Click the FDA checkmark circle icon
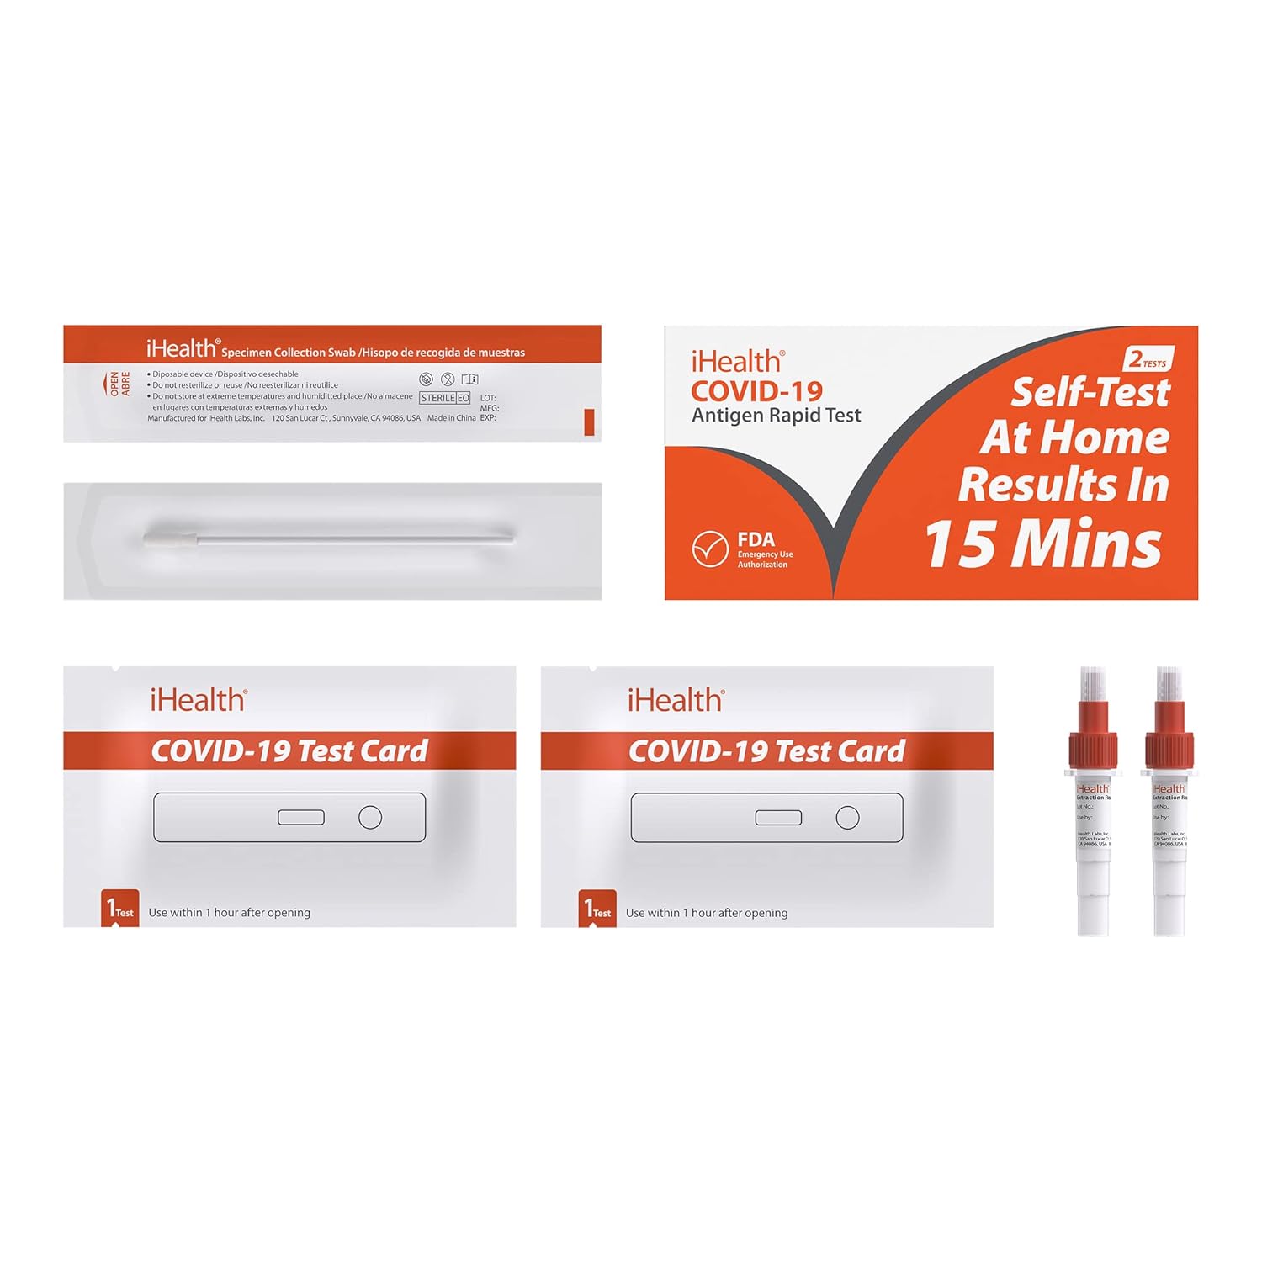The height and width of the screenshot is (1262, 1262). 709,549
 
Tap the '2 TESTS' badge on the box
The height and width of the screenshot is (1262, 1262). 1148,360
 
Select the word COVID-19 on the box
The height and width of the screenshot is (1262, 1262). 756,390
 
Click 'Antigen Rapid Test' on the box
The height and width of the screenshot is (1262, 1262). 776,415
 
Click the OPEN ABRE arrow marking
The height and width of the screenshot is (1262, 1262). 115,384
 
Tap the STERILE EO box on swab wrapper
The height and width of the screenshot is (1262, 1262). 444,398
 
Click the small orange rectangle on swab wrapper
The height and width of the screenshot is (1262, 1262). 589,422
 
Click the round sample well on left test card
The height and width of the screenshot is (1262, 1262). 370,817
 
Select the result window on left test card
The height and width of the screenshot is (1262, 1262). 301,817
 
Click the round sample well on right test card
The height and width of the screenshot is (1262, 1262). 847,817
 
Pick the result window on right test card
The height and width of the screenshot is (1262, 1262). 778,817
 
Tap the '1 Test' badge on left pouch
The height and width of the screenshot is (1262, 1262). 119,909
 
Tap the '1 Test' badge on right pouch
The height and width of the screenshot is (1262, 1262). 597,909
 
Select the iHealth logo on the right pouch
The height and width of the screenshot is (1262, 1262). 676,700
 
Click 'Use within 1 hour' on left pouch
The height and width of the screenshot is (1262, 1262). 229,912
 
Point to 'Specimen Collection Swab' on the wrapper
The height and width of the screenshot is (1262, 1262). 289,353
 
